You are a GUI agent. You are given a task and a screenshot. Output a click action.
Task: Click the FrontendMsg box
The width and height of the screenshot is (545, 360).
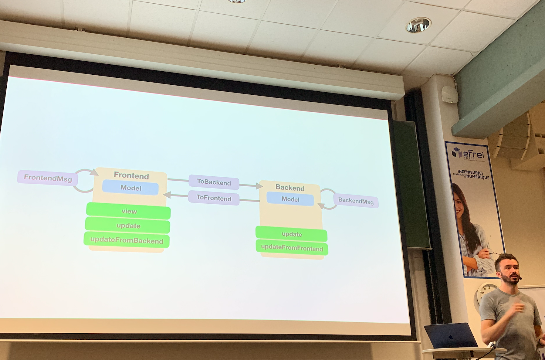[x=48, y=178]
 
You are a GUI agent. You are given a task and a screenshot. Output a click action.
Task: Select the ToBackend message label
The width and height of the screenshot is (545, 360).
[x=214, y=182]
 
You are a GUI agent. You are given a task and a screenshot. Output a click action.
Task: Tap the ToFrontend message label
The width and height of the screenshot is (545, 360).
[x=214, y=198]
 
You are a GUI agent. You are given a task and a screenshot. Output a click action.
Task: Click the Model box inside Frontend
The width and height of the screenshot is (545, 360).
[x=130, y=188]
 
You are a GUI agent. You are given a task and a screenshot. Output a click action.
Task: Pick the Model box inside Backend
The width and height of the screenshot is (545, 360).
[x=290, y=199]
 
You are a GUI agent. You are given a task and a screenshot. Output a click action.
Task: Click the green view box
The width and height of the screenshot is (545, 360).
[x=129, y=211]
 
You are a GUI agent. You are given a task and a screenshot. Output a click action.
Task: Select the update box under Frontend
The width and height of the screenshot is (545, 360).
[x=128, y=226]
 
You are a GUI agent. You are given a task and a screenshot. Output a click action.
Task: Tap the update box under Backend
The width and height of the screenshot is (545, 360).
[x=292, y=234]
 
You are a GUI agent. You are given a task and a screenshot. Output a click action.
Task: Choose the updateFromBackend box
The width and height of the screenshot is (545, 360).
[x=127, y=240]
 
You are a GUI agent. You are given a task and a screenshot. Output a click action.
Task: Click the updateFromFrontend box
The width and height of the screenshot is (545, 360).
[x=292, y=248]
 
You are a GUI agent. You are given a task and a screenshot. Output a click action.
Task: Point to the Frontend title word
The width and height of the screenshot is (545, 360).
[x=131, y=176]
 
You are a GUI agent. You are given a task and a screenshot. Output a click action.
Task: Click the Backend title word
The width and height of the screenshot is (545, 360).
[x=290, y=188]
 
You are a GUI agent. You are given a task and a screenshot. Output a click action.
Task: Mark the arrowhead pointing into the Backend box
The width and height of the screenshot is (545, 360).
[x=259, y=186]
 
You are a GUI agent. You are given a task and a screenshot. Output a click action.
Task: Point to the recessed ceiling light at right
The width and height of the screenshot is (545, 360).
[x=418, y=25]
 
